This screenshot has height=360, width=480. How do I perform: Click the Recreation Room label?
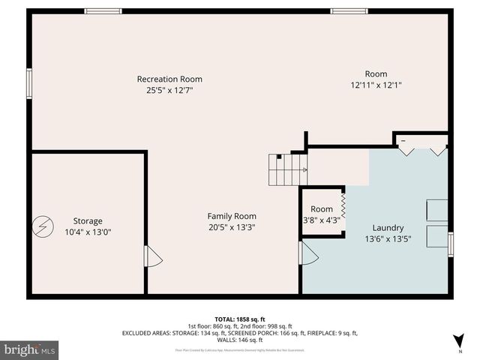pos(169,79)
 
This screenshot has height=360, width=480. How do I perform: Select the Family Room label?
pos(232,216)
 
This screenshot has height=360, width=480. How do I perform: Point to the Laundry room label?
pos(388,228)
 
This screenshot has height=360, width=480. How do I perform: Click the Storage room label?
pos(88,220)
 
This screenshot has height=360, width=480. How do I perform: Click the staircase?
pos(288,170)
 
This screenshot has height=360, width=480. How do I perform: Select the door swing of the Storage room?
pos(153,256)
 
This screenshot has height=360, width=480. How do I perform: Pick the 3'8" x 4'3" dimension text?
pos(321,220)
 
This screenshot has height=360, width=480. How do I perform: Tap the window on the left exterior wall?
pos(29,82)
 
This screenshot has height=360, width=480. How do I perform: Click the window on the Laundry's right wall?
pos(451,244)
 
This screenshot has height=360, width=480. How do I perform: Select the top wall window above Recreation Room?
pos(103,11)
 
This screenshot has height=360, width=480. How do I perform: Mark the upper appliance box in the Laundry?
pos(436,210)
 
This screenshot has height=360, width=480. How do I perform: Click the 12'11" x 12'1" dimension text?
pos(376,85)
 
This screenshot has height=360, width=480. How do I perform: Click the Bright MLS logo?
pos(29,349)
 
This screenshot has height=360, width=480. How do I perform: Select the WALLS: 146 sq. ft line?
pos(240,340)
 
